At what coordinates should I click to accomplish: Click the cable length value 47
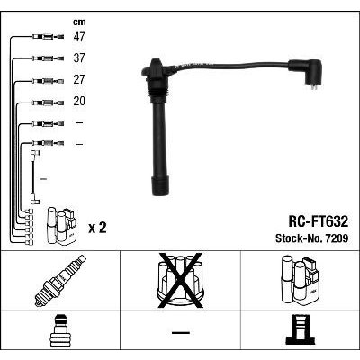pos(79,37)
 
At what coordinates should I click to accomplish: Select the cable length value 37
pos(79,58)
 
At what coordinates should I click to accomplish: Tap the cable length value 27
pos(79,80)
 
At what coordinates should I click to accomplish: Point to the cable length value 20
pos(79,101)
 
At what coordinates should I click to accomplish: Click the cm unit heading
pos(79,22)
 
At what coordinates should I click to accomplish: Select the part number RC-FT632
pos(318,221)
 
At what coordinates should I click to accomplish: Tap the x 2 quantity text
pos(97,228)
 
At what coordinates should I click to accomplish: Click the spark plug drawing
pos(60,281)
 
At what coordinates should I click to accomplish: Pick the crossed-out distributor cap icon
pos(181,281)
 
